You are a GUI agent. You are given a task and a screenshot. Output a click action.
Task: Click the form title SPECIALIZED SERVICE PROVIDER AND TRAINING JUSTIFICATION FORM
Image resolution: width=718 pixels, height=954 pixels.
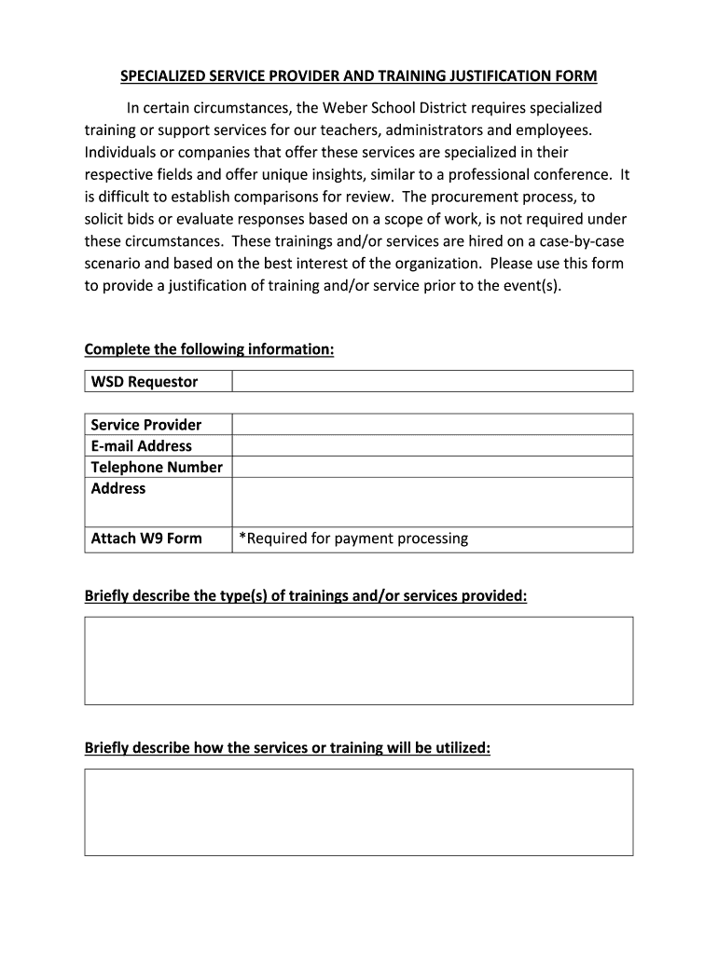(x=359, y=76)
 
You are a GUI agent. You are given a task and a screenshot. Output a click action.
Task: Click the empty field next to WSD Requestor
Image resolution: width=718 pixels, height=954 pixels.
(x=432, y=381)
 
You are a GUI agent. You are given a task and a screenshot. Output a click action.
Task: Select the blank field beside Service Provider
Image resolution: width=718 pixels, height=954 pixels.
(x=432, y=424)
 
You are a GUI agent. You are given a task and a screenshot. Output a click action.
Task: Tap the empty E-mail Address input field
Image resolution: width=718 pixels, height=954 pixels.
(x=432, y=445)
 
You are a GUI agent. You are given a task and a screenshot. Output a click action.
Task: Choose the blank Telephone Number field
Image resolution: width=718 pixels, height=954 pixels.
(x=432, y=467)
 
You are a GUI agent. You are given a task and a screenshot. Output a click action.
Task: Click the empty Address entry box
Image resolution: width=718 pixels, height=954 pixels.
(x=432, y=502)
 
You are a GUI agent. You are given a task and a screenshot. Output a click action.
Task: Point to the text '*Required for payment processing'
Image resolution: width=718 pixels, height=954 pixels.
(x=353, y=538)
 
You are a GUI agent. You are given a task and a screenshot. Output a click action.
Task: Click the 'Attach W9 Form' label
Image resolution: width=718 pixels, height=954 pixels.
(x=146, y=538)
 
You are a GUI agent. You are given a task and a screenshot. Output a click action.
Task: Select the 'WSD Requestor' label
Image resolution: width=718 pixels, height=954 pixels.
(x=145, y=382)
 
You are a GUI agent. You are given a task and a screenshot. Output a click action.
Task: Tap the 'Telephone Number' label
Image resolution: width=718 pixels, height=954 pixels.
(x=157, y=468)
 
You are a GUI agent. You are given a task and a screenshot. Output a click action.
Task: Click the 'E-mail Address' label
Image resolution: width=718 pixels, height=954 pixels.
(x=142, y=446)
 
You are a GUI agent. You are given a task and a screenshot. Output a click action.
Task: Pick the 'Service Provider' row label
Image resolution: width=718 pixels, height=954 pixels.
(x=146, y=425)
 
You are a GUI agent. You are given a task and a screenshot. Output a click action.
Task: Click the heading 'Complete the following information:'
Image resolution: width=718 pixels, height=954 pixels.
(x=209, y=349)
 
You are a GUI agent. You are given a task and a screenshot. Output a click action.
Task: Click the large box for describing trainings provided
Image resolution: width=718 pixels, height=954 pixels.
(x=359, y=660)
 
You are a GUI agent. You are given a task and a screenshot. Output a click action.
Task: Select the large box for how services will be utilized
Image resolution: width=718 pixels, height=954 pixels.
(x=359, y=811)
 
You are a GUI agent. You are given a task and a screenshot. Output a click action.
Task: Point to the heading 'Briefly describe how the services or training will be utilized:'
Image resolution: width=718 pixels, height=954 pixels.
(x=287, y=748)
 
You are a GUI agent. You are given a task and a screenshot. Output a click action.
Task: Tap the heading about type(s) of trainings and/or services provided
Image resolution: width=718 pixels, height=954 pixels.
(x=306, y=595)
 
